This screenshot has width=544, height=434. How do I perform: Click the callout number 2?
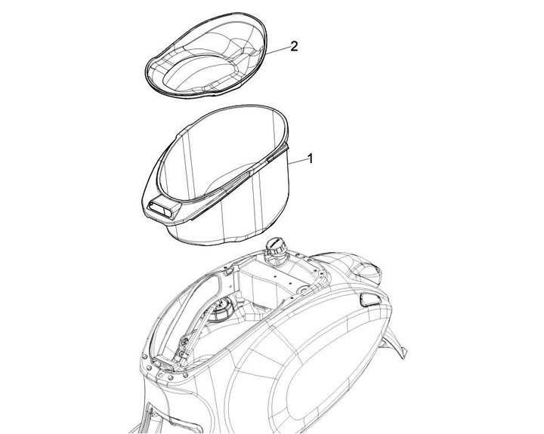294,46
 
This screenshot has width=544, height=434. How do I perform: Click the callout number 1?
311,159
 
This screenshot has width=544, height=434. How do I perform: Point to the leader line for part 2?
278,51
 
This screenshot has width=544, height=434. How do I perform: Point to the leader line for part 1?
297,162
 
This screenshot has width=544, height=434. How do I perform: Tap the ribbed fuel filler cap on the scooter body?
277,246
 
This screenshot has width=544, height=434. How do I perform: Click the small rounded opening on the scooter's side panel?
370,299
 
